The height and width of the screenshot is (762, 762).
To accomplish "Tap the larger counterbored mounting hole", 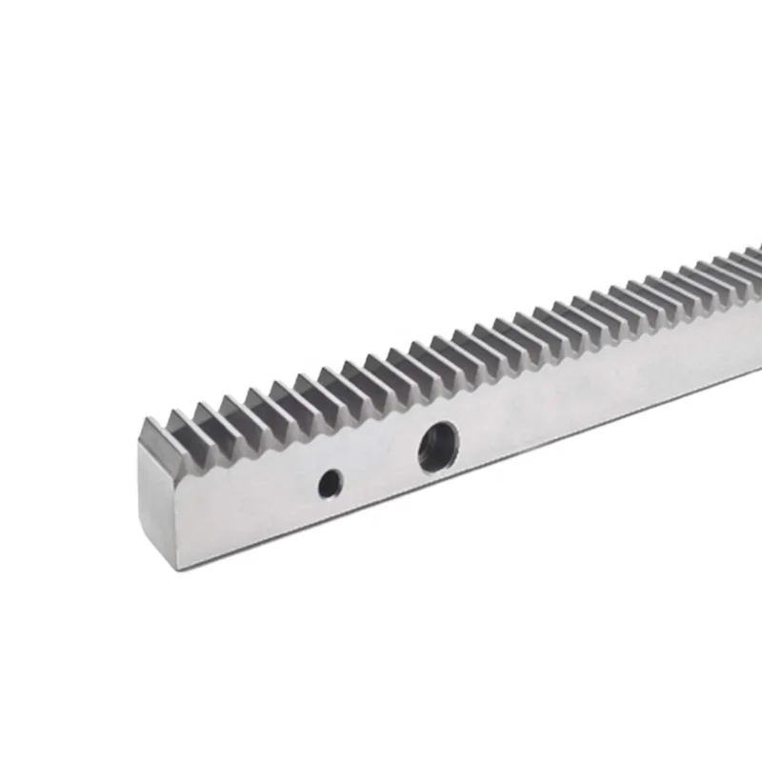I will click(437, 447).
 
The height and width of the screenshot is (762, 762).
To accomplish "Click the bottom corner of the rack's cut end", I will click(175, 569).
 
